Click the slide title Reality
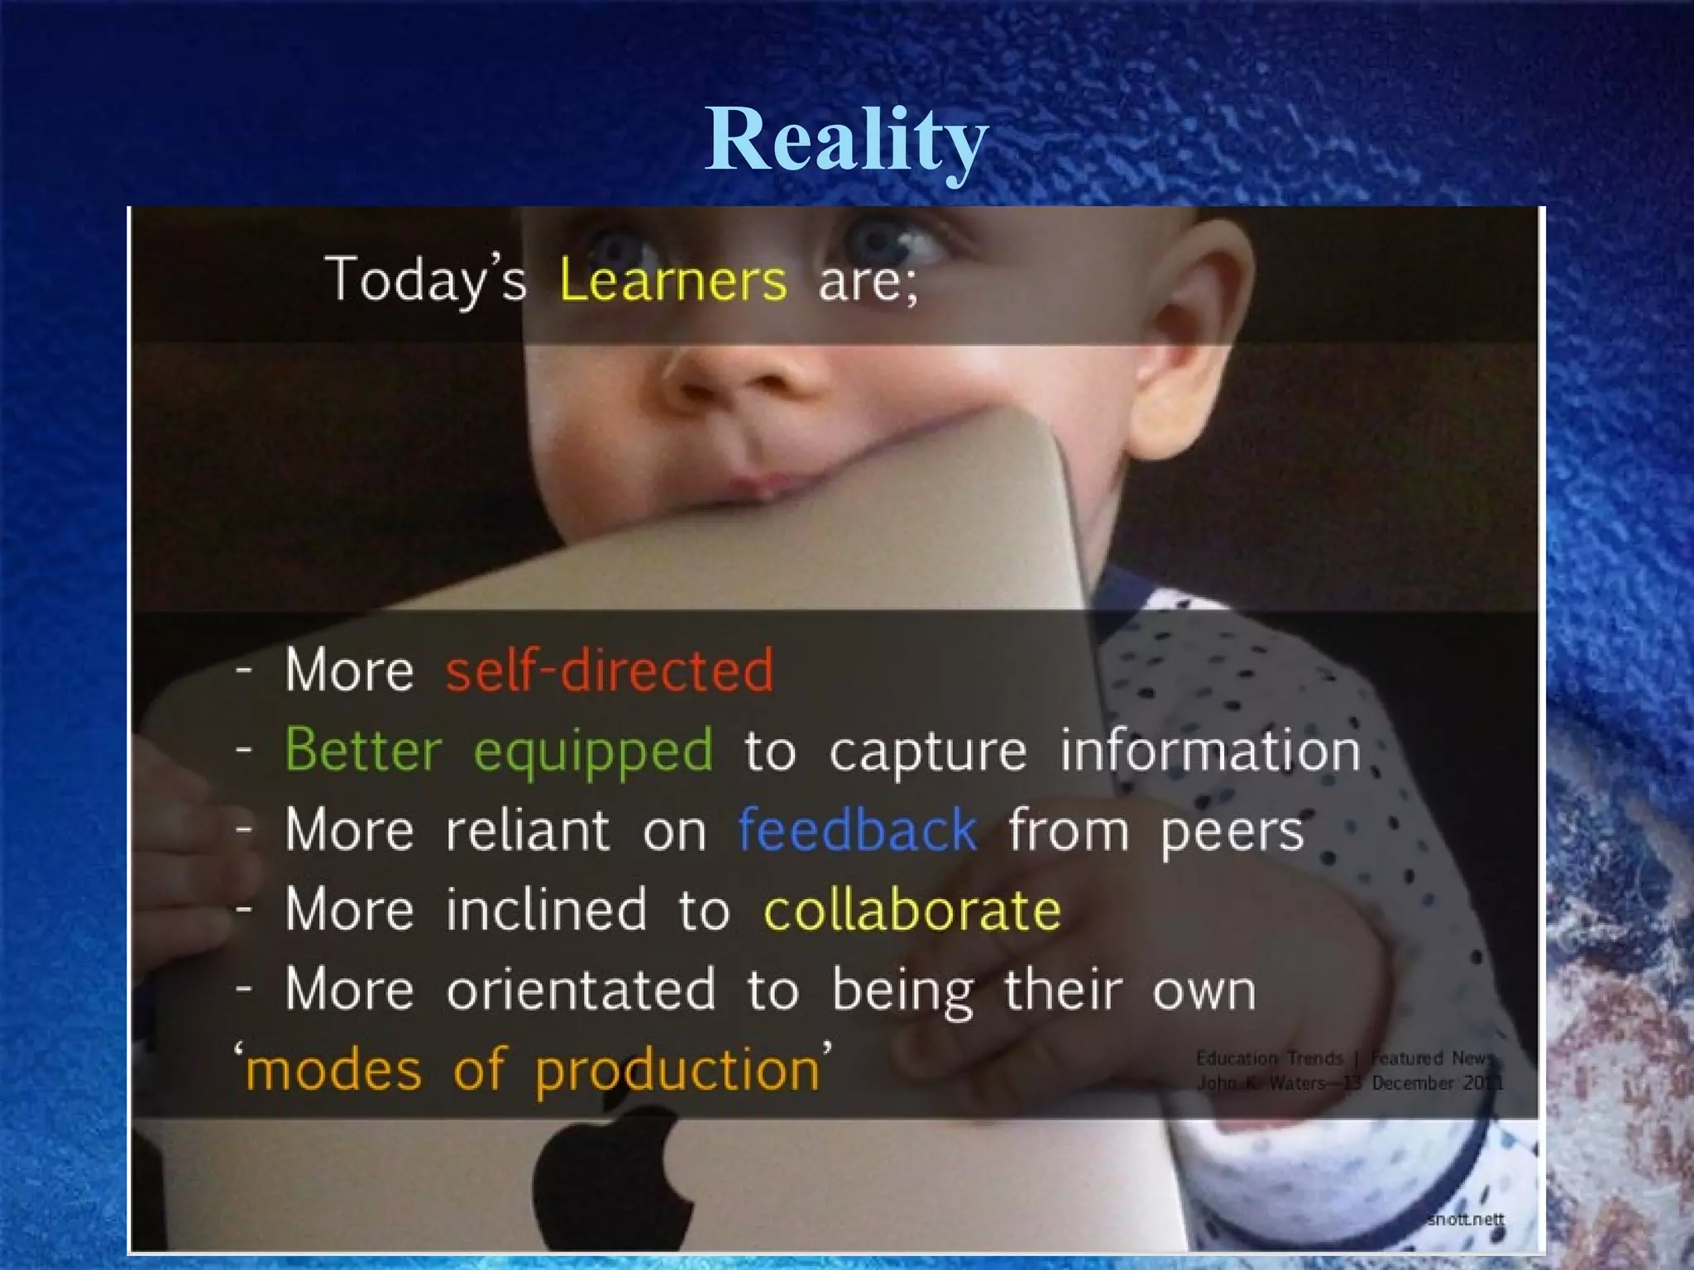coord(846,139)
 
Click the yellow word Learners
coord(672,279)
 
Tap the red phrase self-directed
coord(610,669)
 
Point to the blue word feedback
coord(857,829)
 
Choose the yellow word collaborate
coord(912,910)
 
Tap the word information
coord(1210,750)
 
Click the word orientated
coord(581,989)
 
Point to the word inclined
coord(546,910)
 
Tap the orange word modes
coord(333,1070)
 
